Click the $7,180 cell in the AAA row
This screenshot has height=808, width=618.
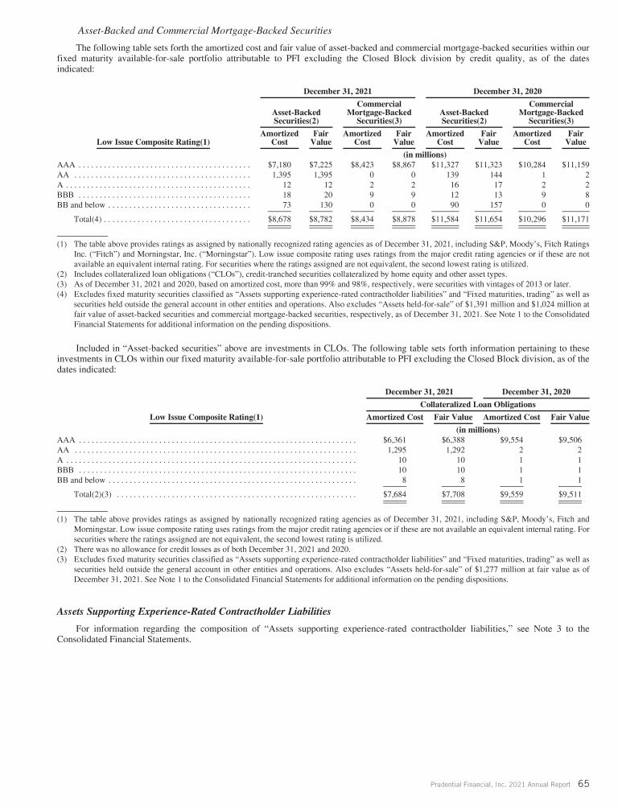[279, 165]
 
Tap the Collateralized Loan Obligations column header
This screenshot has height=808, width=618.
[478, 404]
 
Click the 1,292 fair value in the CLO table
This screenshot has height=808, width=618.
[453, 451]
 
